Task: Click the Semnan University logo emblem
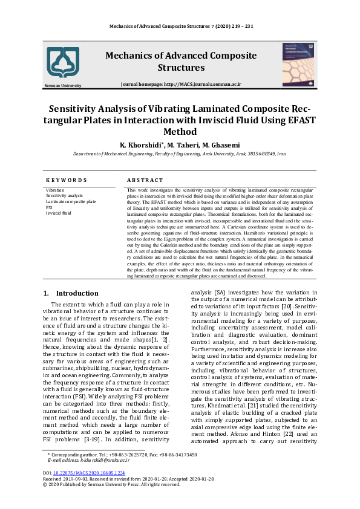(x=64, y=62)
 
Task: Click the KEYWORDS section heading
(x=67, y=180)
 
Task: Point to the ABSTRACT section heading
(x=145, y=180)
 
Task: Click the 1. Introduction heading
(x=71, y=293)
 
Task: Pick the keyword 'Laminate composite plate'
(x=71, y=202)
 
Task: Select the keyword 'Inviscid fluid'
(x=59, y=213)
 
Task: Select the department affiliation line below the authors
(x=180, y=155)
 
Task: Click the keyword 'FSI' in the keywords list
(x=49, y=207)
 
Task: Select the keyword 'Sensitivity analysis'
(x=64, y=196)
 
